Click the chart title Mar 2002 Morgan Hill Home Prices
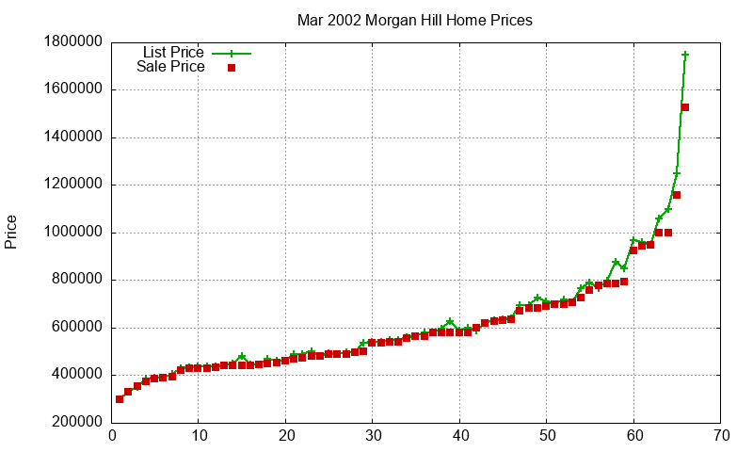click(414, 20)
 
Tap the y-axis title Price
click(11, 232)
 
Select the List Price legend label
click(173, 52)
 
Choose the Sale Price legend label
click(170, 67)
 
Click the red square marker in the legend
click(231, 68)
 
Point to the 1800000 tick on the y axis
click(73, 42)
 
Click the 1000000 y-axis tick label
click(73, 233)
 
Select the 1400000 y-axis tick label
click(73, 137)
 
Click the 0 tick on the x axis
click(112, 435)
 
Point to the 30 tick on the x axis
click(373, 435)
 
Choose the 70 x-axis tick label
click(721, 435)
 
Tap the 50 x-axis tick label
click(547, 435)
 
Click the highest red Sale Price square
click(685, 107)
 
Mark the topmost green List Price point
click(685, 55)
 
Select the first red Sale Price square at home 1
click(120, 399)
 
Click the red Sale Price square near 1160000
click(677, 195)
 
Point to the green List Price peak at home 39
click(451, 322)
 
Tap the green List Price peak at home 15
click(242, 357)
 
